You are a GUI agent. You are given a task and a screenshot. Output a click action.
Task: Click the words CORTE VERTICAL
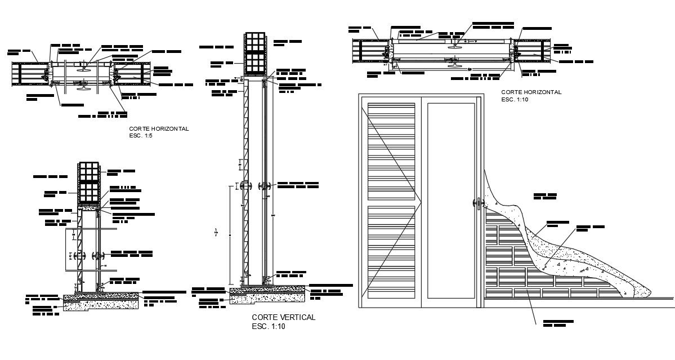[283, 318]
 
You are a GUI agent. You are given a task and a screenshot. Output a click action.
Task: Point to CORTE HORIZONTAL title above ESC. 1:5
[159, 128]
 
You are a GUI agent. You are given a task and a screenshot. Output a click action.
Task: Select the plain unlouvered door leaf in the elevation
[450, 203]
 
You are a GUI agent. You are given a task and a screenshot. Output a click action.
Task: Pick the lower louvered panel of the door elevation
[391, 254]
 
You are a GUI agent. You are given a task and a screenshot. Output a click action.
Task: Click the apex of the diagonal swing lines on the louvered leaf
[422, 200]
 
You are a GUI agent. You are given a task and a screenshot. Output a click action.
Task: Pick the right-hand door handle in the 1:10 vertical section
[263, 186]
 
